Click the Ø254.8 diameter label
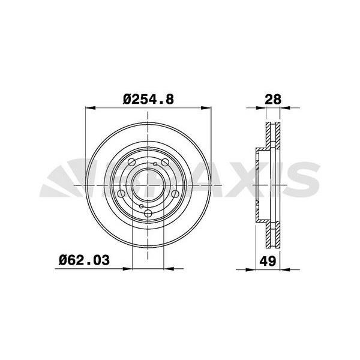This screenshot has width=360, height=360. pos(148,100)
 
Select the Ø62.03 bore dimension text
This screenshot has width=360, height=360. pos(84,260)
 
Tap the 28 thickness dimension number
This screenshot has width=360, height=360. pos(273,100)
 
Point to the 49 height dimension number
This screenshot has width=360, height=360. pos(268,261)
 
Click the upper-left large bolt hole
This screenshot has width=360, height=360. pos(131,163)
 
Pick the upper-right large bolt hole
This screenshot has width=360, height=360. pos(165,163)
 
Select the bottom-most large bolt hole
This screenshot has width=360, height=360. pos(148,213)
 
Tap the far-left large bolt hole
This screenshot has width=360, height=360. pos(121,194)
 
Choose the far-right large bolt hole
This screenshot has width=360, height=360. pos(175,194)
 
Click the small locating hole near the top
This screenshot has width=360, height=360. pos(155,164)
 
